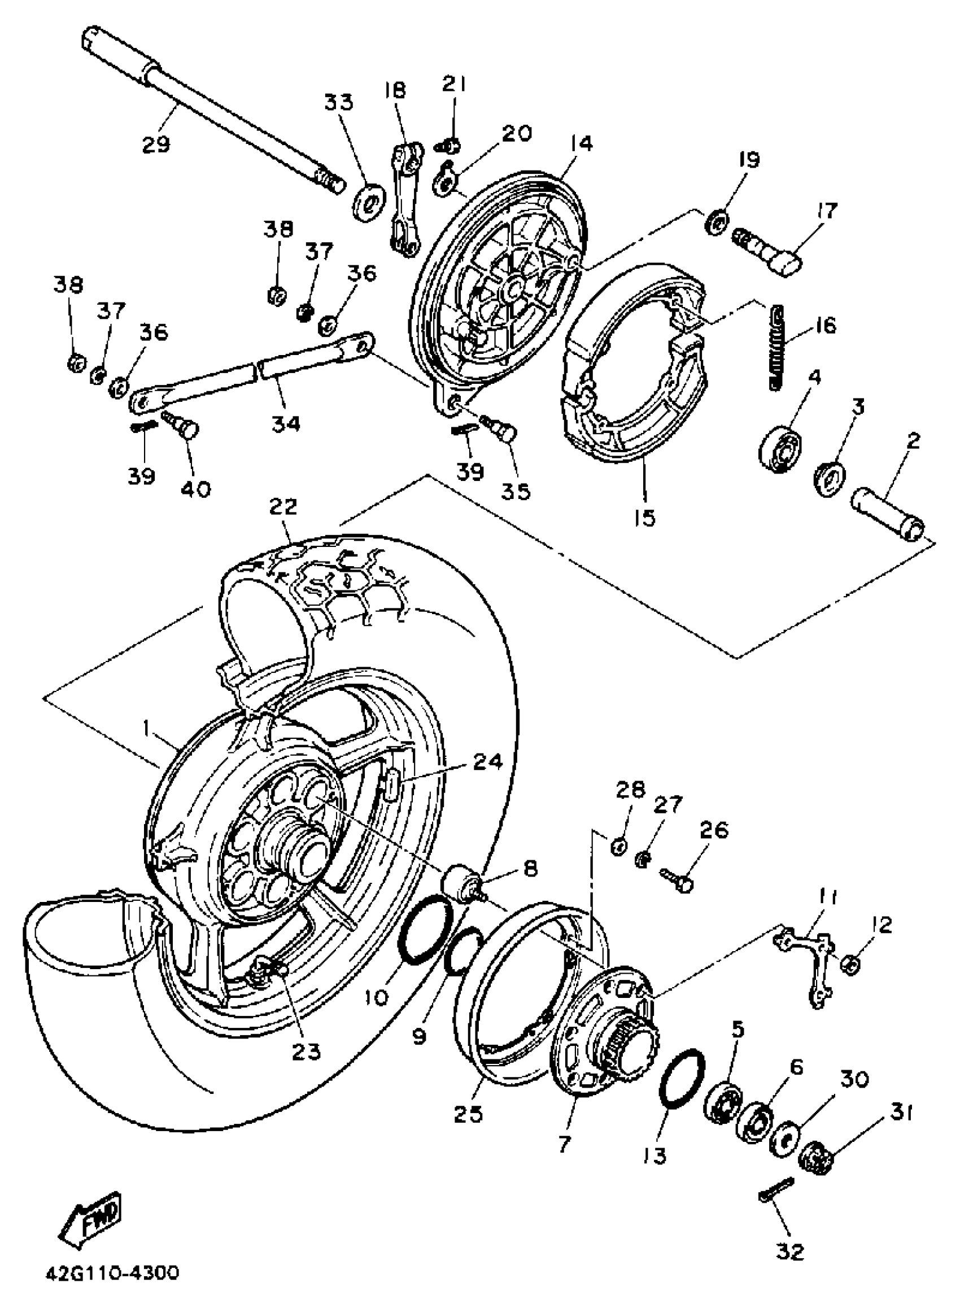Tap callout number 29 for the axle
(x=156, y=143)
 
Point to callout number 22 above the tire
(x=283, y=506)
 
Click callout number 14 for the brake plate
(x=581, y=143)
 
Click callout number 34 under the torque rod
(x=286, y=423)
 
